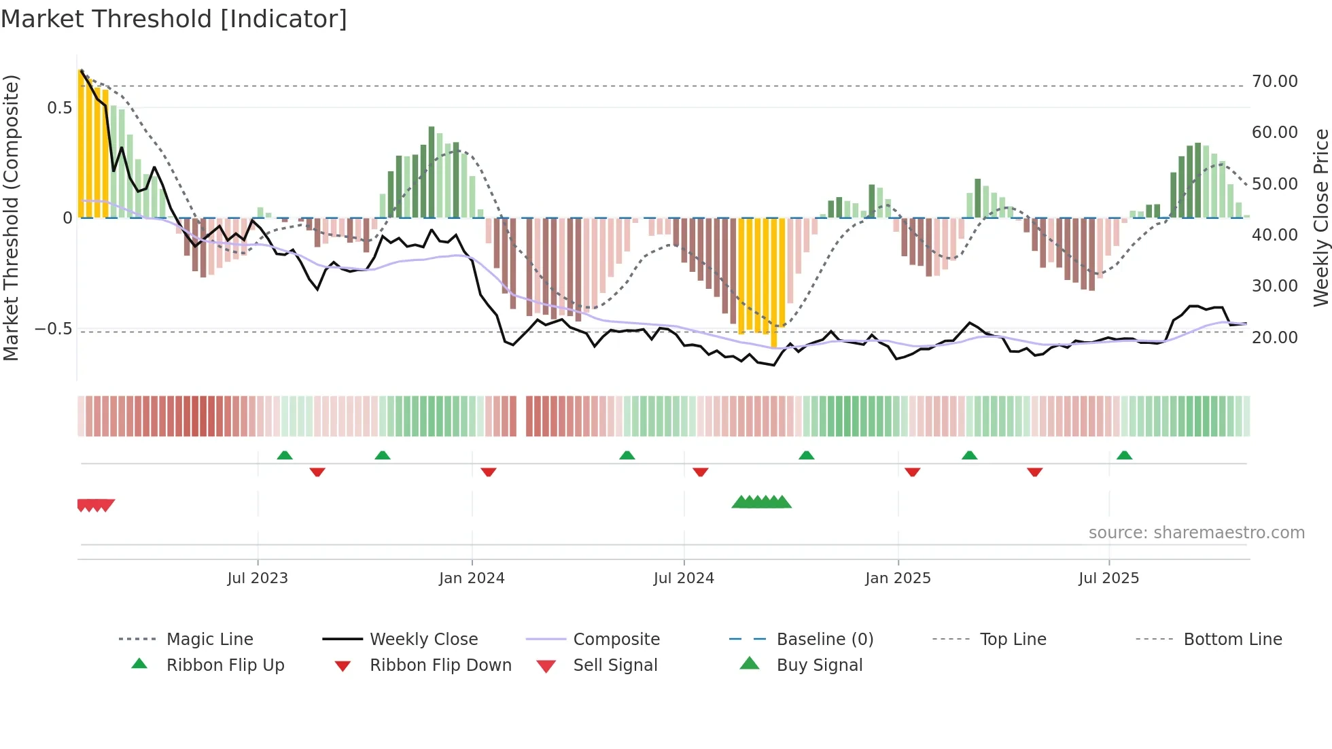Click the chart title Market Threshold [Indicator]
[x=174, y=19]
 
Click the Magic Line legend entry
[x=209, y=640]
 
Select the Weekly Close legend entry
[x=423, y=640]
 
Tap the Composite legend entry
[x=616, y=640]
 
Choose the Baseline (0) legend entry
[x=824, y=640]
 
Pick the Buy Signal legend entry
[x=819, y=665]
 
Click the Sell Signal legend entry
[x=615, y=665]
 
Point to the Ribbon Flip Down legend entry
[x=440, y=665]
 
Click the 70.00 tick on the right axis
[x=1274, y=82]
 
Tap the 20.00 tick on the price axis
[x=1274, y=338]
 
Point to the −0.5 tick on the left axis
[x=53, y=329]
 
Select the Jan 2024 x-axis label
[x=472, y=578]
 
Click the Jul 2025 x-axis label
[x=1108, y=578]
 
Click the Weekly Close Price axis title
[x=1320, y=217]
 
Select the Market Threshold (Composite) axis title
[x=11, y=217]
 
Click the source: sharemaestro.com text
[x=1196, y=533]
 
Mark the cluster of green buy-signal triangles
[x=761, y=502]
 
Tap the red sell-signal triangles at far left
[x=95, y=505]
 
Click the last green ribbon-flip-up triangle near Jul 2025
[x=1124, y=455]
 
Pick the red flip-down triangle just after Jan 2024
[x=488, y=472]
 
